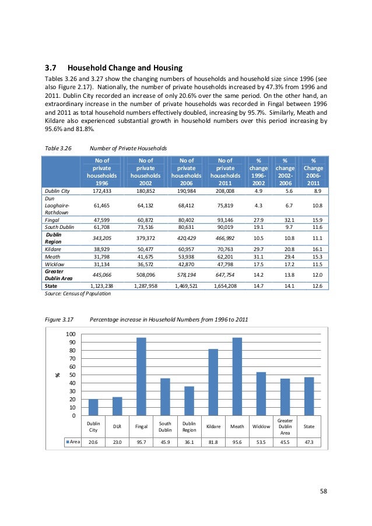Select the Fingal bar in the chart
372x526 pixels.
141,376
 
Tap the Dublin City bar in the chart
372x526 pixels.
93,407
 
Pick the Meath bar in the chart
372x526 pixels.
237,376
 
